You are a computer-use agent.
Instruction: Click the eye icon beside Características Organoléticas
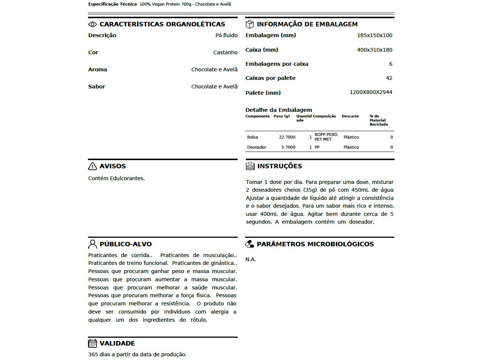click(x=92, y=25)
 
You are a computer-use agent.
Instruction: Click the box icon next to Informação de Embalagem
click(x=250, y=25)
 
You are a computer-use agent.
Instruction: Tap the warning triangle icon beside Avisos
click(x=92, y=166)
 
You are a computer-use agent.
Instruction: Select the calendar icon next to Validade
click(x=92, y=343)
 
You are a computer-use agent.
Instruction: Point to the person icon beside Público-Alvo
click(x=92, y=244)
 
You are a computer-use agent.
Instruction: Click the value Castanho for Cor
click(x=225, y=52)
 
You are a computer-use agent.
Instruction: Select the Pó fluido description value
click(x=226, y=35)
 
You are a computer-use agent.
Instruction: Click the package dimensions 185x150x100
click(x=374, y=35)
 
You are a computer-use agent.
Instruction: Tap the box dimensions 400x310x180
click(x=374, y=50)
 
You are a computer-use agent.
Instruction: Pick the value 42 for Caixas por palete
click(x=389, y=78)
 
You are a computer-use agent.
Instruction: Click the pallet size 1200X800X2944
click(x=371, y=92)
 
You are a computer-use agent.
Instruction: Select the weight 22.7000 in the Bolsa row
click(x=287, y=137)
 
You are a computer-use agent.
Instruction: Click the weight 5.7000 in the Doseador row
click(x=288, y=147)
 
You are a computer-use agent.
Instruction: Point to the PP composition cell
click(x=317, y=147)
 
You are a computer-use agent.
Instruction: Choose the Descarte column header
click(x=350, y=116)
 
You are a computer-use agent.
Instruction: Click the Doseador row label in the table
click(x=257, y=147)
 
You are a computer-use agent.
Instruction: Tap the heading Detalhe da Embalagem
click(x=279, y=110)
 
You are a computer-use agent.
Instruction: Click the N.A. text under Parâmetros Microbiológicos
click(x=251, y=259)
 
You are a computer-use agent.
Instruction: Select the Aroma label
click(x=97, y=69)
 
